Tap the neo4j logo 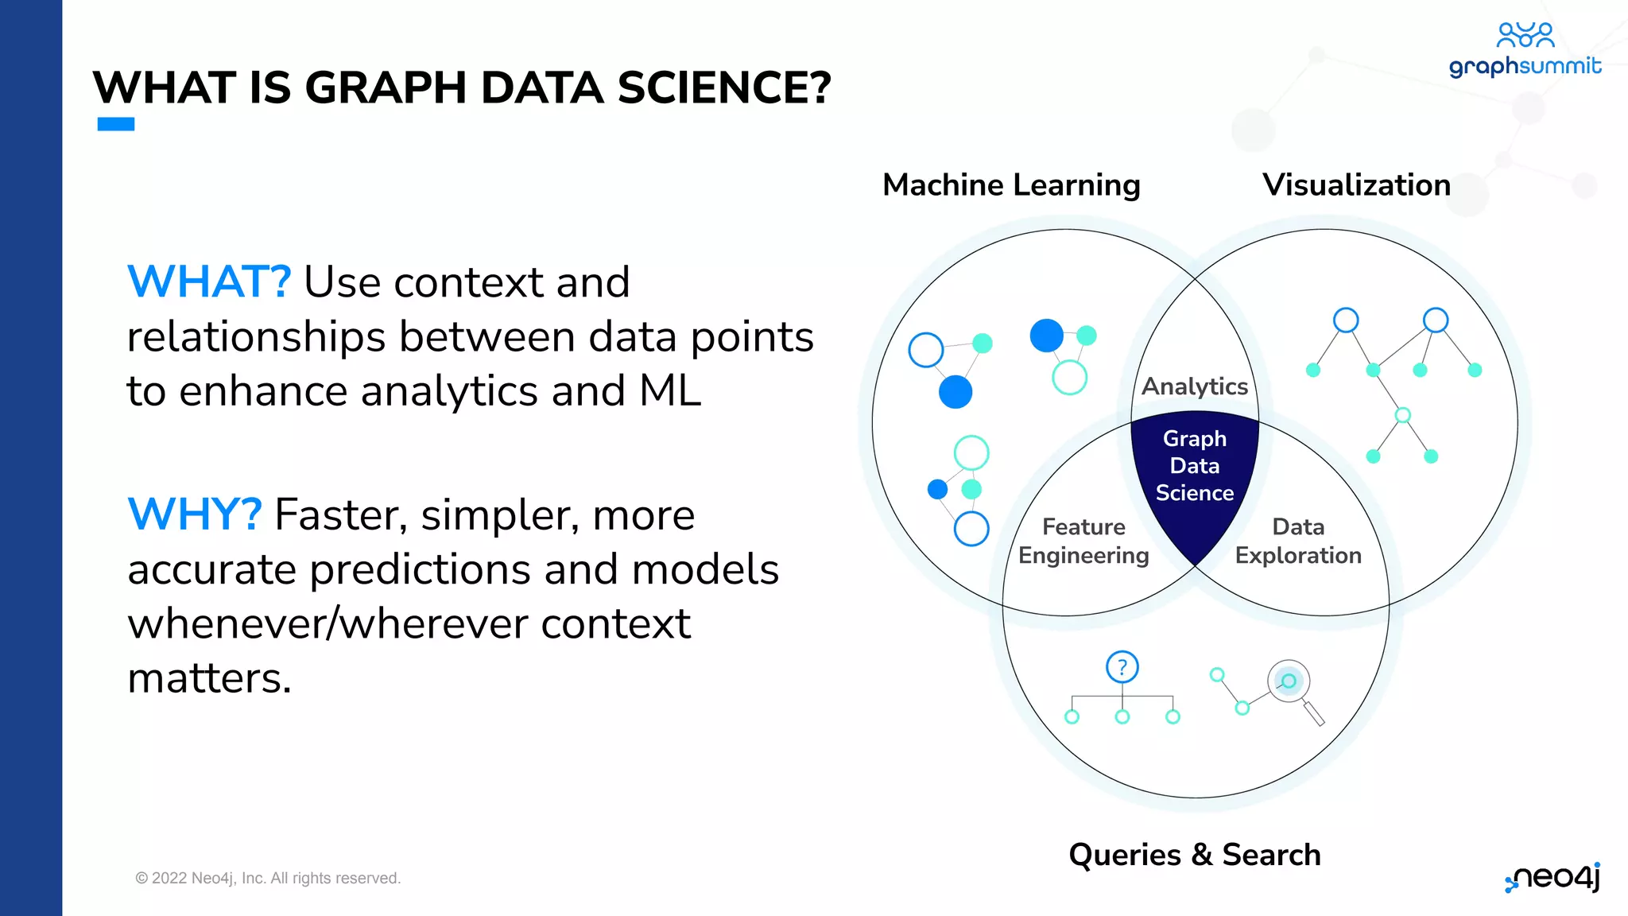click(x=1554, y=878)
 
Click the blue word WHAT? click(x=209, y=282)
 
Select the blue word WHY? click(x=195, y=514)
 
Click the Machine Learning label click(x=1011, y=185)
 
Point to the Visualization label click(x=1356, y=185)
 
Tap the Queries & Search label click(x=1194, y=855)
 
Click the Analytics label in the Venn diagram click(x=1195, y=386)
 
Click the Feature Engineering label click(x=1083, y=541)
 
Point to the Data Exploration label click(x=1298, y=541)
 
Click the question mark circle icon click(x=1122, y=667)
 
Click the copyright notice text click(x=268, y=878)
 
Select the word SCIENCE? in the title click(x=723, y=87)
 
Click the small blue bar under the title click(x=116, y=124)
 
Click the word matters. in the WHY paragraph click(x=210, y=678)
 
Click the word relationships click(x=255, y=337)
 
